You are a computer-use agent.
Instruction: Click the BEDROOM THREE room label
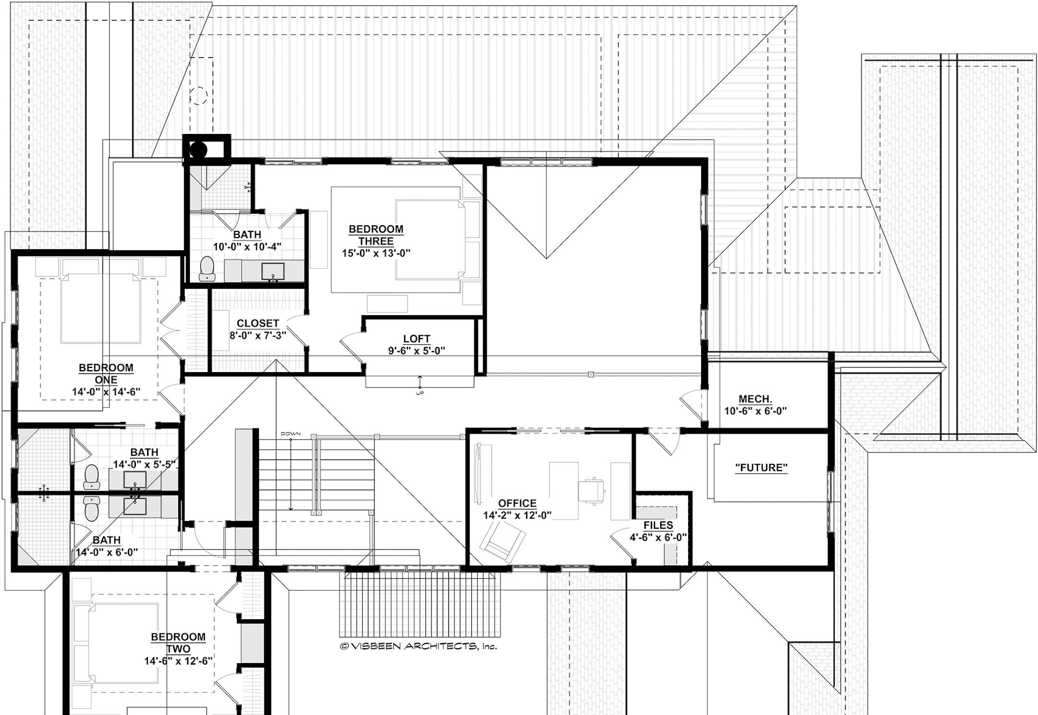(x=376, y=235)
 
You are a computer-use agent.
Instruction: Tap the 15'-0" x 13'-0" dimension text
(x=376, y=253)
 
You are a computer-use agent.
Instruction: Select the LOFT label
(x=417, y=339)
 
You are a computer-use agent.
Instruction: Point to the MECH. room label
(x=755, y=399)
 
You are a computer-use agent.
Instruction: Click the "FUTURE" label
(x=762, y=467)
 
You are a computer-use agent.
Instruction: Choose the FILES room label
(x=658, y=525)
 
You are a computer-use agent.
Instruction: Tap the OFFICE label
(x=517, y=503)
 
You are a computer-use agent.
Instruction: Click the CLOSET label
(x=258, y=323)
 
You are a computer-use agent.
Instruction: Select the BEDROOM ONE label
(x=106, y=374)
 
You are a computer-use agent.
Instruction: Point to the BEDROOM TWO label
(x=178, y=642)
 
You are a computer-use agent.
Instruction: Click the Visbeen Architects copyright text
(x=418, y=646)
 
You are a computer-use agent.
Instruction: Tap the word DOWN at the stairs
(x=291, y=434)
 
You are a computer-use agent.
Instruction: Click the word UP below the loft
(x=420, y=393)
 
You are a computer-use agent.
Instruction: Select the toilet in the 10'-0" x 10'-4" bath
(x=208, y=268)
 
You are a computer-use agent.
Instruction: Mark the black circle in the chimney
(x=198, y=150)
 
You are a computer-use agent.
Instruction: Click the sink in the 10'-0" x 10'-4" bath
(x=273, y=272)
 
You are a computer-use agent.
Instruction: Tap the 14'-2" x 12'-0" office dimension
(x=517, y=515)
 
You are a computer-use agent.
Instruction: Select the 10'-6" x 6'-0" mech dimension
(x=755, y=411)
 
